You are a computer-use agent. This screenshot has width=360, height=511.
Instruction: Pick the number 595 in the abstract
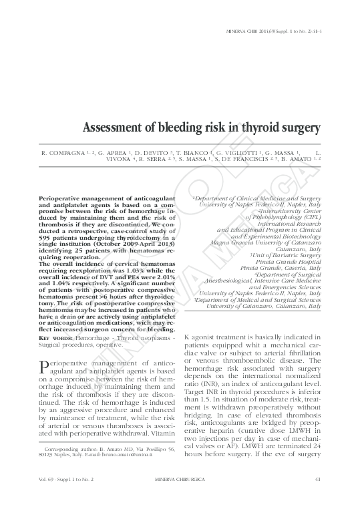tap(48, 228)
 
